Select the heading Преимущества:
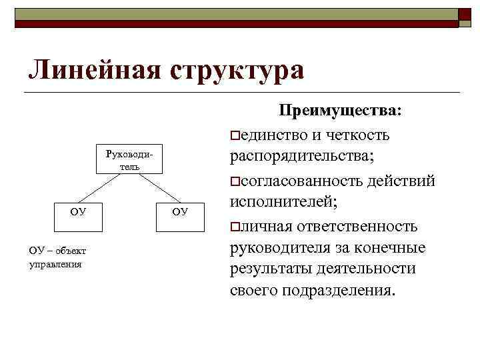pos(340,110)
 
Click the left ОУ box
pos(78,213)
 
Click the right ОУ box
pos(181,213)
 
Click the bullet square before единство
pos(233,136)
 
